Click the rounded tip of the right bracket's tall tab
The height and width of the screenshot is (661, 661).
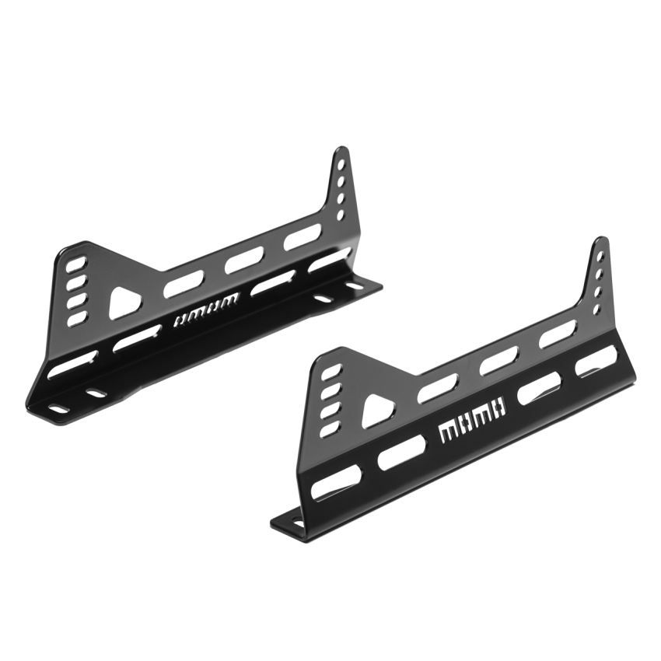[x=601, y=242]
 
